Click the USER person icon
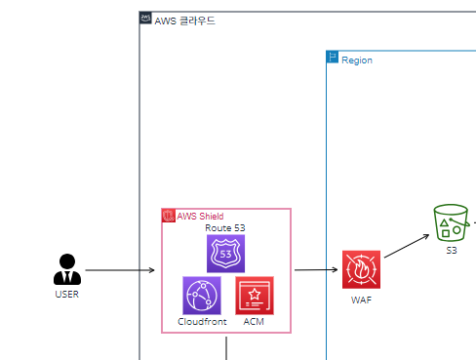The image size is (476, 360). (x=66, y=268)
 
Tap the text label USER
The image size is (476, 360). (x=66, y=293)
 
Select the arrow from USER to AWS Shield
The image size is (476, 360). (x=120, y=269)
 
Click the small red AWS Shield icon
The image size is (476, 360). (x=168, y=216)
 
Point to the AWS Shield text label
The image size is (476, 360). (x=200, y=216)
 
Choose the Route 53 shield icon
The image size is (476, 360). (x=225, y=253)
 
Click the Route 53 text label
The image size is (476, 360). (x=225, y=227)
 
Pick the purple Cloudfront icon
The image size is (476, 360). (x=201, y=295)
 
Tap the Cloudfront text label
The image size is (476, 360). (x=201, y=321)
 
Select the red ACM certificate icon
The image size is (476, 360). (x=255, y=295)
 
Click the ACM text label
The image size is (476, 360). (x=255, y=321)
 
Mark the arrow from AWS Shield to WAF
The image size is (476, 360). (x=315, y=269)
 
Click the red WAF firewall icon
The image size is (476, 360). (x=361, y=269)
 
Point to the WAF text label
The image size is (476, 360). (x=361, y=300)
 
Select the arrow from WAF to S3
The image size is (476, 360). (x=407, y=247)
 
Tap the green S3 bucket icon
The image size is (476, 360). (x=452, y=223)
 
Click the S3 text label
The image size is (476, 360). (x=452, y=251)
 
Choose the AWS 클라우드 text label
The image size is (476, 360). (x=184, y=20)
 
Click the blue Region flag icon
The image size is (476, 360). (x=332, y=59)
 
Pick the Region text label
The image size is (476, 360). (x=356, y=60)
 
